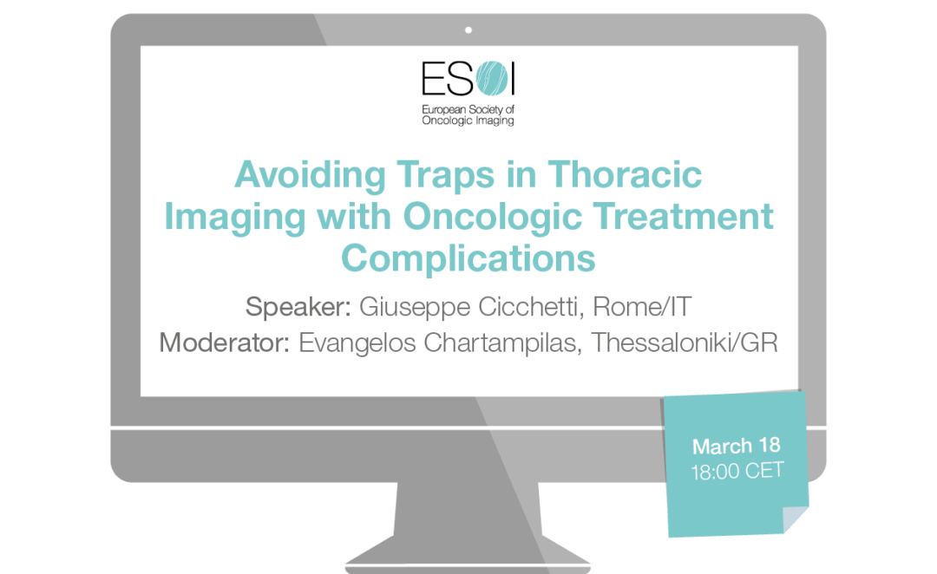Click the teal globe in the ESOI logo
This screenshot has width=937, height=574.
pyautogui.click(x=493, y=78)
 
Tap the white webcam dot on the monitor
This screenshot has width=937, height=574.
pyautogui.click(x=468, y=29)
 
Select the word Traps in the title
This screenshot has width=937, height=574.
pyautogui.click(x=446, y=174)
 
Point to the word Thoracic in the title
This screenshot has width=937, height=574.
pyautogui.click(x=625, y=174)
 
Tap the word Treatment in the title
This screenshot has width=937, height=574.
pyautogui.click(x=684, y=216)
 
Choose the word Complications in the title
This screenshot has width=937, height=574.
pyautogui.click(x=468, y=259)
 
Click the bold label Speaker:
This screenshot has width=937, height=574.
pyautogui.click(x=298, y=308)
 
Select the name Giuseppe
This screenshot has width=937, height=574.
pyautogui.click(x=415, y=308)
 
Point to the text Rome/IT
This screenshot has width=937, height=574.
pyautogui.click(x=642, y=306)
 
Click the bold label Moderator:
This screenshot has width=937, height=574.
pyautogui.click(x=225, y=342)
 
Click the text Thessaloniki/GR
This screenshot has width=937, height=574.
pyautogui.click(x=685, y=342)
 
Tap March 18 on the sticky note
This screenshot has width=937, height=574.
pyautogui.click(x=737, y=447)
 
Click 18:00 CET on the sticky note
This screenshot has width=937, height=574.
pyautogui.click(x=737, y=472)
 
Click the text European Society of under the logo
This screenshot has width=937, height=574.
pyautogui.click(x=468, y=110)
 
